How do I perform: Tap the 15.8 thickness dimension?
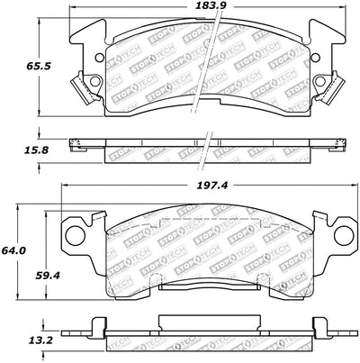[x=36, y=150]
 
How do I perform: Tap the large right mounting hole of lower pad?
[x=343, y=236]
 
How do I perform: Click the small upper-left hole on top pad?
[x=98, y=57]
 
